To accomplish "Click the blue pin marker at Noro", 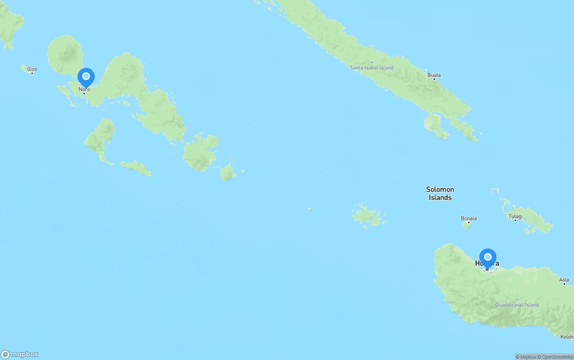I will click(x=86, y=77).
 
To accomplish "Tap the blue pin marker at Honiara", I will click(x=488, y=257).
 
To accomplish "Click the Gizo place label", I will click(x=32, y=69).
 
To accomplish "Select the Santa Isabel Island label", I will click(x=371, y=68).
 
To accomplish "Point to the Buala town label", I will click(x=434, y=75).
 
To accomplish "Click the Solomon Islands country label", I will click(x=440, y=193).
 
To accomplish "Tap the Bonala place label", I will click(x=469, y=218).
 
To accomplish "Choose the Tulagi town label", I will click(x=515, y=216).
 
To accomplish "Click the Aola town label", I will click(x=564, y=280).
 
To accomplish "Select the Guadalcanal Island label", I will click(x=517, y=305).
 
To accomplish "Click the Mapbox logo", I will click(x=20, y=354).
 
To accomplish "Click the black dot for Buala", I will click(x=434, y=79).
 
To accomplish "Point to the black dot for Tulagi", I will click(x=516, y=221).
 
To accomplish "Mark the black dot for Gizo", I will click(x=32, y=73).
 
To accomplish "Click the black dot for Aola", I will click(x=564, y=284).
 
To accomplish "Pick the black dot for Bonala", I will click(x=469, y=222).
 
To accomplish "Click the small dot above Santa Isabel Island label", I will click(x=371, y=62).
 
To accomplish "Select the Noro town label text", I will click(x=84, y=89).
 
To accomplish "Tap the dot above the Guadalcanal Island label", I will click(x=517, y=299).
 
